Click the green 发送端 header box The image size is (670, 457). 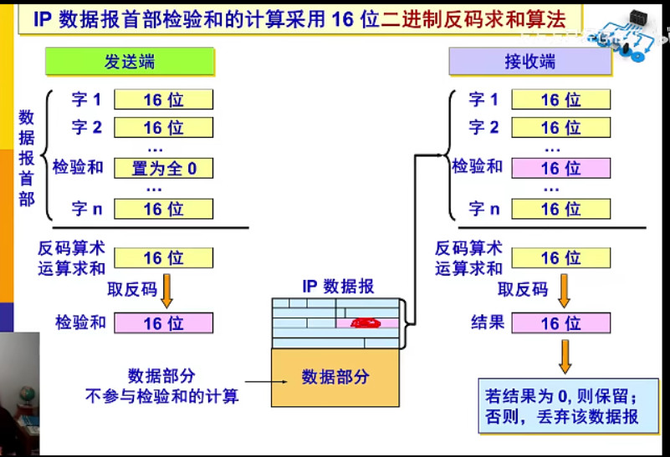(x=130, y=62)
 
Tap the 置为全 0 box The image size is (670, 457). (x=164, y=168)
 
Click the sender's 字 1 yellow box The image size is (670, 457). (x=164, y=100)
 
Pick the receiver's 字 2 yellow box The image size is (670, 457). (x=560, y=128)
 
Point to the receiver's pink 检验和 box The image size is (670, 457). (x=560, y=168)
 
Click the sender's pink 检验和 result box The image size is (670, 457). (x=164, y=322)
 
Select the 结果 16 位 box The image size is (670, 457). (x=560, y=323)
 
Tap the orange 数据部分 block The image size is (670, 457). (x=335, y=377)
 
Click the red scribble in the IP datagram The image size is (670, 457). (x=366, y=322)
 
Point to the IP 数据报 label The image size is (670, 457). (x=339, y=287)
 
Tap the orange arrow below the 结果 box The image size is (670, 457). (x=565, y=355)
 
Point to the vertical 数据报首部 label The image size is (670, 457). (x=27, y=158)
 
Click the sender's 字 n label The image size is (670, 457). (x=86, y=209)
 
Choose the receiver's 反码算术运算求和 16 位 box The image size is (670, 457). (x=560, y=257)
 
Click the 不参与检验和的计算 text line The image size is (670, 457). (x=162, y=396)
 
